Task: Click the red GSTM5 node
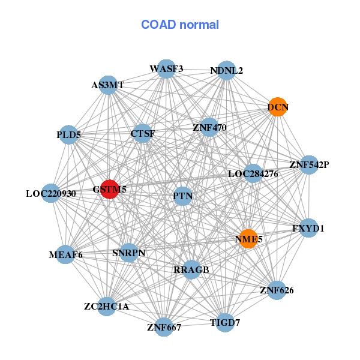(x=110, y=189)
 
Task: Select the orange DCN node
(x=278, y=107)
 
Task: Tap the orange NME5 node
(x=248, y=239)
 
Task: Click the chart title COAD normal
(x=180, y=25)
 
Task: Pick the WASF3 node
(x=166, y=68)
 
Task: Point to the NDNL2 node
(x=227, y=70)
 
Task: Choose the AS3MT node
(x=108, y=85)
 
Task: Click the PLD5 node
(x=68, y=135)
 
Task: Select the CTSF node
(x=143, y=133)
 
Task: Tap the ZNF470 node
(x=209, y=127)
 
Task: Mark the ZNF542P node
(x=309, y=164)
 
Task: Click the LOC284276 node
(x=253, y=173)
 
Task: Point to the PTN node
(x=183, y=196)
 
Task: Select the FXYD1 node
(x=308, y=228)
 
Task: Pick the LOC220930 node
(x=51, y=193)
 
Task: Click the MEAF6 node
(x=65, y=254)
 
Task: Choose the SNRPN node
(x=129, y=253)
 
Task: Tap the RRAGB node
(x=191, y=270)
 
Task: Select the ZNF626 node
(x=277, y=290)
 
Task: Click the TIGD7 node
(x=225, y=323)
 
